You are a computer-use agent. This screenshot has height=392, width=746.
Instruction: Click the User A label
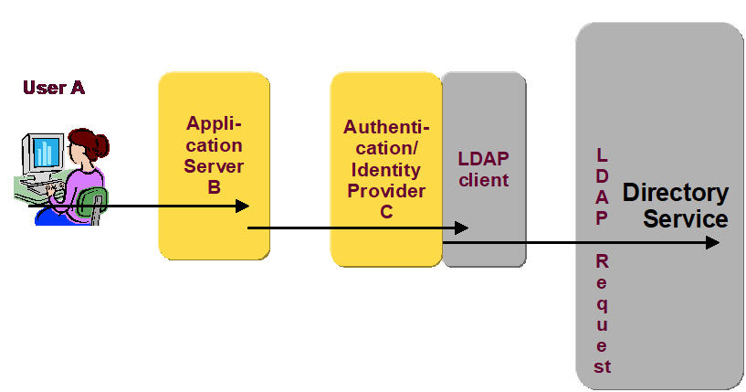tap(54, 88)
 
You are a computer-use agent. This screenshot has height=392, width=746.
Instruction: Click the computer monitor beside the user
tap(43, 151)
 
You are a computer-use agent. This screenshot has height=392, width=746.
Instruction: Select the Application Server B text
tap(214, 155)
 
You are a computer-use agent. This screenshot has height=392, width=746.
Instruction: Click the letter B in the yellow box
tap(214, 187)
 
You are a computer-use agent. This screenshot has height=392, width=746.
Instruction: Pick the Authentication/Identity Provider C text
tap(386, 169)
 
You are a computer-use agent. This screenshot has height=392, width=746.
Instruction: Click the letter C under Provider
tap(386, 212)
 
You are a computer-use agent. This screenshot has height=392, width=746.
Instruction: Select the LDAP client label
tap(483, 169)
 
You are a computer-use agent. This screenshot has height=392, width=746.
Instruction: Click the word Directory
tap(676, 193)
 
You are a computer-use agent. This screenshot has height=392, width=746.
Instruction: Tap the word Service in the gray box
tap(685, 219)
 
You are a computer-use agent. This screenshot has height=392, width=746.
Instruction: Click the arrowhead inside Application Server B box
tap(242, 206)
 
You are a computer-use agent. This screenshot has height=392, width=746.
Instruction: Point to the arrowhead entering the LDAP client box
tap(461, 228)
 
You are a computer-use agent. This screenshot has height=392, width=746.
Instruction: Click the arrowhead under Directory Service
tap(712, 242)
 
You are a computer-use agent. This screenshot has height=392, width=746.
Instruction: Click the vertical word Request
tap(602, 313)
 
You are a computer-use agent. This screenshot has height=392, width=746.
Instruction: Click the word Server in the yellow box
tap(214, 166)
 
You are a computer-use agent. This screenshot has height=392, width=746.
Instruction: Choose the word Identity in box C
tap(386, 170)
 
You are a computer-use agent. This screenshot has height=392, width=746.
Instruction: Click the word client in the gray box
tap(484, 180)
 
